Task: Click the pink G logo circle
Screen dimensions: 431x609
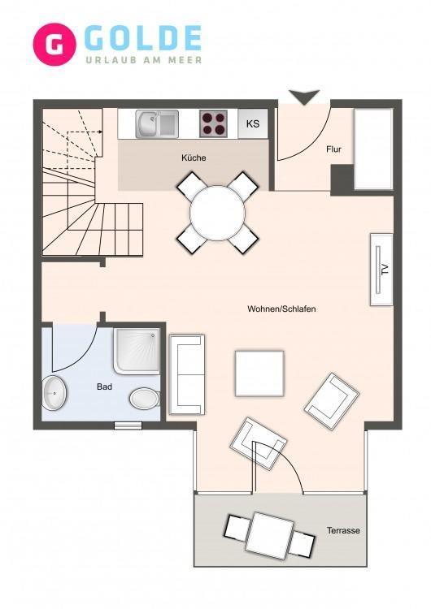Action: (54, 45)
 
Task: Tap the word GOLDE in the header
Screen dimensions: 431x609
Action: (143, 38)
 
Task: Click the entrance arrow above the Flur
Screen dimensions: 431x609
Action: (304, 97)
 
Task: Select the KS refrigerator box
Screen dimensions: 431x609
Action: (253, 123)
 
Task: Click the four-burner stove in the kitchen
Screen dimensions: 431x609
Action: (214, 123)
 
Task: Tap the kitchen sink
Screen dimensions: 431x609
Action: (157, 124)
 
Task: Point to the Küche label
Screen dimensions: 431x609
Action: (194, 158)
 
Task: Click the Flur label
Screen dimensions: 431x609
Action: (333, 149)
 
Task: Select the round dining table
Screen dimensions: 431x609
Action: (217, 213)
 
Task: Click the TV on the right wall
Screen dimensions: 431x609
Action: (381, 270)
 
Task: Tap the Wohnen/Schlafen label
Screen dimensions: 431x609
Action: (281, 309)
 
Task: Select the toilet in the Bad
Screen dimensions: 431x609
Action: (144, 399)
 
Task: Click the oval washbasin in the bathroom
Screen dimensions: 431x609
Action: (54, 393)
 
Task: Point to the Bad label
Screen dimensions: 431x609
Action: (104, 387)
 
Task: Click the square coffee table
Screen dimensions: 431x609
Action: (259, 374)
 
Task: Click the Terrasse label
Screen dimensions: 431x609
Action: (343, 530)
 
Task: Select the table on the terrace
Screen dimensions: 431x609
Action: (269, 536)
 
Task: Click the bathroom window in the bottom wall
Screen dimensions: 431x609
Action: (128, 425)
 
